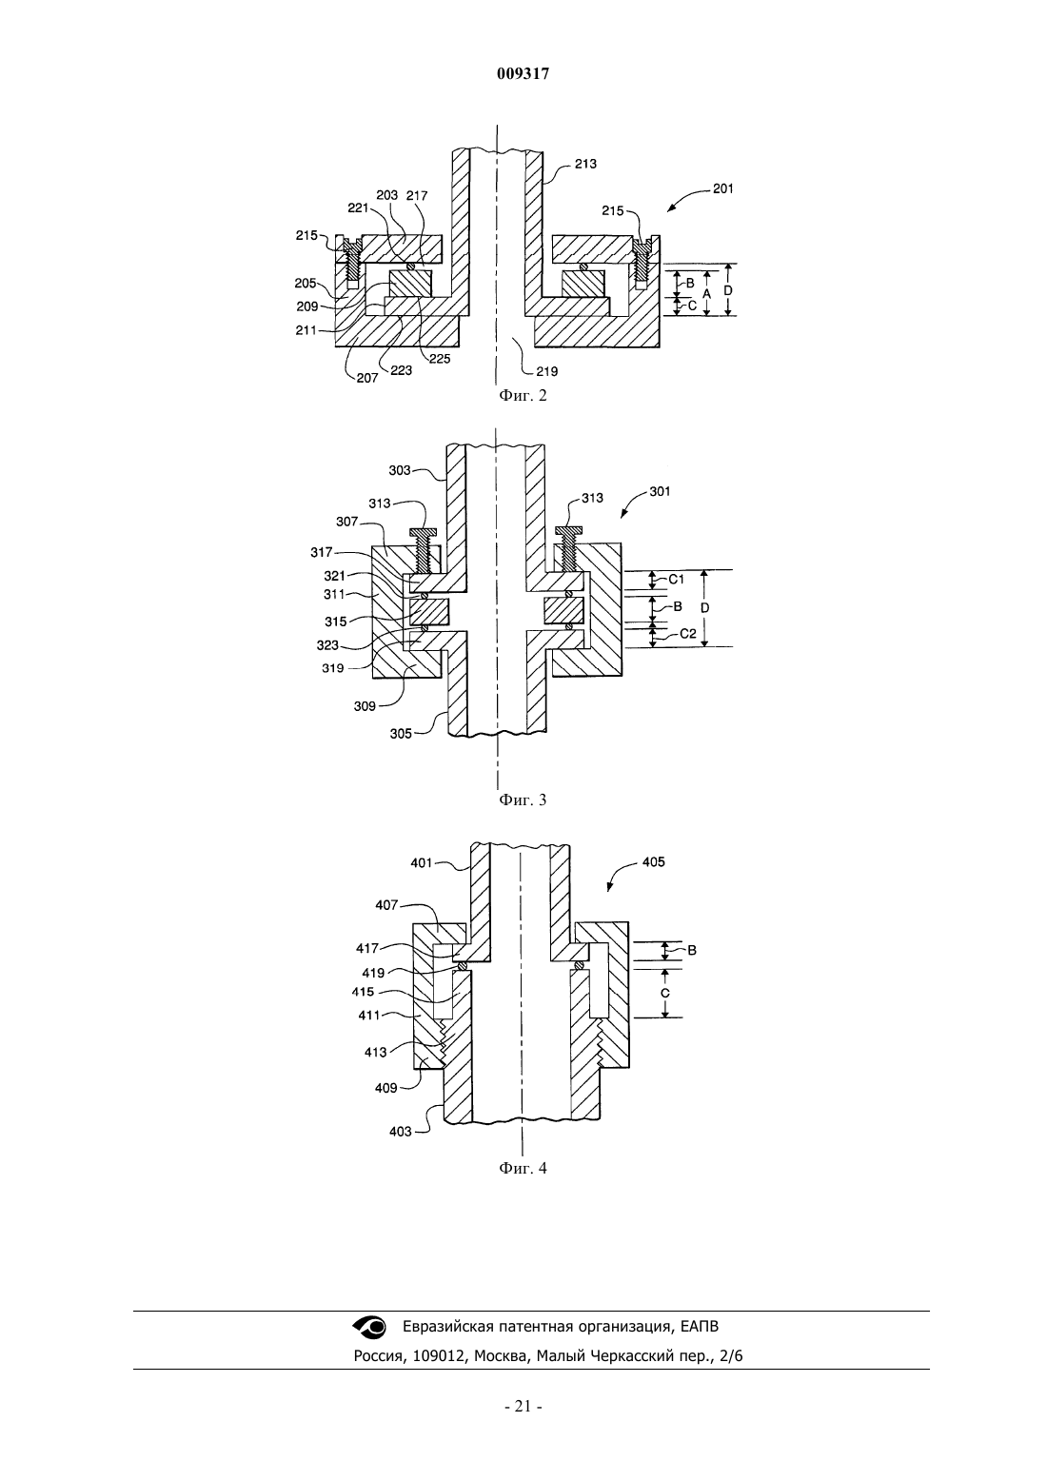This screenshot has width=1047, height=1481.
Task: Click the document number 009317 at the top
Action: [523, 74]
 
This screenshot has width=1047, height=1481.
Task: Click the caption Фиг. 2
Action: [523, 395]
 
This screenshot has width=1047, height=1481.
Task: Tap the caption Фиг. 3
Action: [523, 800]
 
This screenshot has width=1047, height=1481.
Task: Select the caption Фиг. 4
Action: [523, 1168]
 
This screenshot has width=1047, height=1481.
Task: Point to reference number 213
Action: [585, 164]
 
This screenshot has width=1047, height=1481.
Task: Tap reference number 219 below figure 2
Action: [547, 371]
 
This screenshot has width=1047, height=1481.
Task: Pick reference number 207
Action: [366, 378]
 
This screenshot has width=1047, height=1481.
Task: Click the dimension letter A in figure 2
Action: [706, 293]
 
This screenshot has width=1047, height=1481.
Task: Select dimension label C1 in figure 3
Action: [676, 580]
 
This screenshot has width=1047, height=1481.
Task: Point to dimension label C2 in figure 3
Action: [688, 633]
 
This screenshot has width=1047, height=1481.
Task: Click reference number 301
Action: [659, 491]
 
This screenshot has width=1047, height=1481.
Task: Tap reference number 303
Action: [400, 470]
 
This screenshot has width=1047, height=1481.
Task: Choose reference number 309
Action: [365, 706]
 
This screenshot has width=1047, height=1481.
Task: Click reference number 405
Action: [654, 862]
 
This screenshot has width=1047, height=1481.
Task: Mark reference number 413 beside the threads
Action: [375, 1052]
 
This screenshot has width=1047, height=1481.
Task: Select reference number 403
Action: [400, 1132]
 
